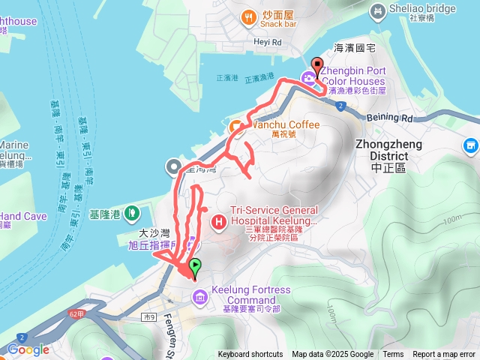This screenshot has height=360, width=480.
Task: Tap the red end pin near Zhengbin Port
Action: (316, 65)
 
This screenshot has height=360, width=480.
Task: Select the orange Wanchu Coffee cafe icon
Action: (235, 125)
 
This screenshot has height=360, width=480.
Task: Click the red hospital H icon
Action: (219, 221)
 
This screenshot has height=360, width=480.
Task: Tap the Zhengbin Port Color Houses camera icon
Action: (308, 76)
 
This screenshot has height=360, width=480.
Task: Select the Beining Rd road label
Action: (390, 118)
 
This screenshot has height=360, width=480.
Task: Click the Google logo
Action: (28, 349)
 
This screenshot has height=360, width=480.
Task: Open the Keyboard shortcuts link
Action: (250, 355)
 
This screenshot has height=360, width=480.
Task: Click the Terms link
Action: (393, 355)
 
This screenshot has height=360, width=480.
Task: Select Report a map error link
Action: (445, 355)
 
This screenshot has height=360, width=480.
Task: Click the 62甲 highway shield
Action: (75, 313)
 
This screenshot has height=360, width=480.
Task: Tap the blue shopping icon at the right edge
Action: (471, 145)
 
